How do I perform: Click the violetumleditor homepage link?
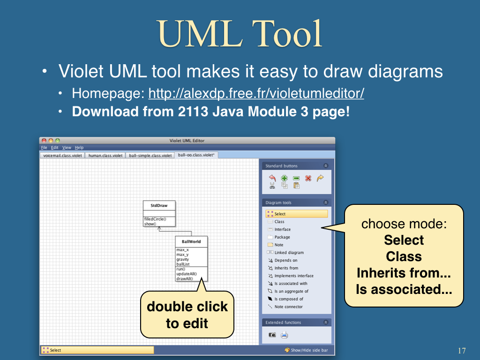click(256, 93)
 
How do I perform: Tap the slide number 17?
click(462, 351)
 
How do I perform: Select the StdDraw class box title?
click(159, 205)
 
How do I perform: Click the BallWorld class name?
click(191, 241)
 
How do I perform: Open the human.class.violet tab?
click(105, 156)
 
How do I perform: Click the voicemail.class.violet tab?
click(62, 156)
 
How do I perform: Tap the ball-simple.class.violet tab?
click(150, 156)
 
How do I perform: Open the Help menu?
click(79, 148)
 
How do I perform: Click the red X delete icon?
click(308, 178)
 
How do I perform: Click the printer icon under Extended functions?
click(284, 335)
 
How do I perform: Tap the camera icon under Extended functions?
click(272, 335)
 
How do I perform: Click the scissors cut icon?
click(272, 186)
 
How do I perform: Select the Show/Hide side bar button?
click(306, 350)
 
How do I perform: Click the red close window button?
click(44, 141)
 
